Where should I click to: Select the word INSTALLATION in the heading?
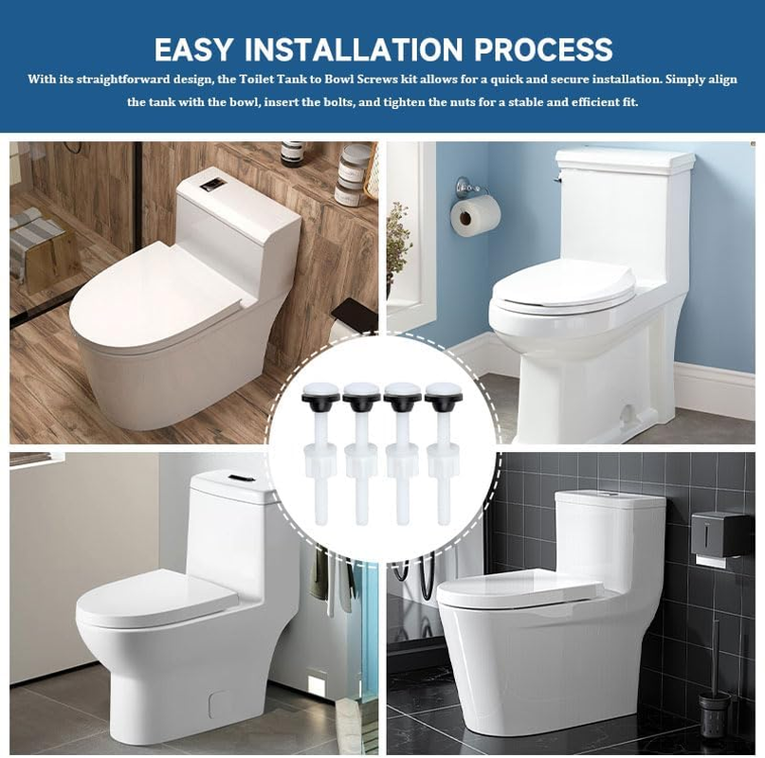coord(353,48)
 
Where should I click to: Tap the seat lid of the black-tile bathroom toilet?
coord(517,589)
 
